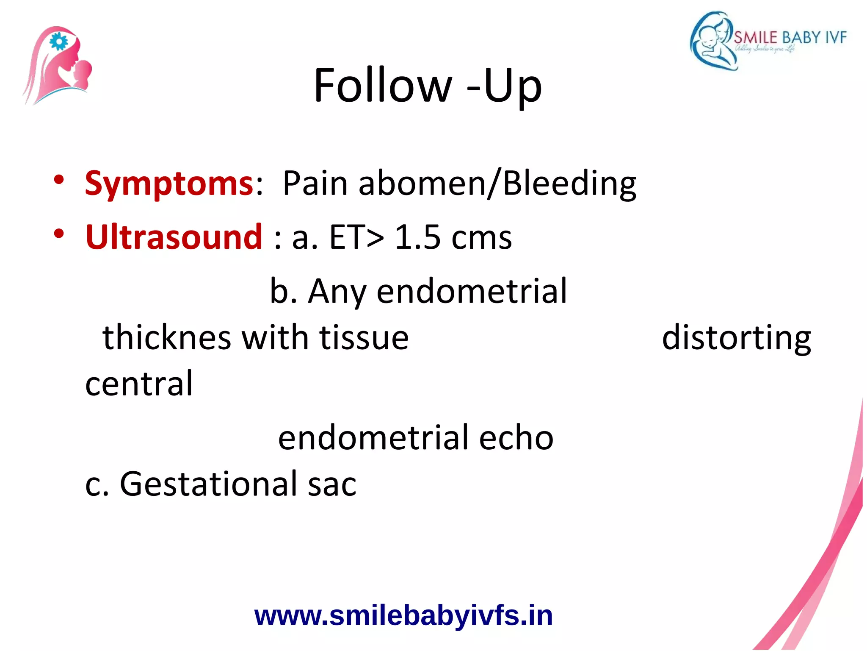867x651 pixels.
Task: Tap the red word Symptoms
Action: (x=169, y=183)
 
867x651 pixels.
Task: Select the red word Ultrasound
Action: (x=174, y=237)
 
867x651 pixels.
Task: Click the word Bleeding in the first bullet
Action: (x=570, y=183)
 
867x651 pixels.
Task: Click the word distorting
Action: (x=736, y=338)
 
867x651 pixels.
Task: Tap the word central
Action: (x=139, y=383)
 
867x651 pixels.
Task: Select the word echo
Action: (x=516, y=437)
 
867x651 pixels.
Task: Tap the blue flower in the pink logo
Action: (x=58, y=42)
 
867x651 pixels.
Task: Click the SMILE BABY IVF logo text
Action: (x=790, y=38)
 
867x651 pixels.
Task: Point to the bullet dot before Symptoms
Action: (x=59, y=180)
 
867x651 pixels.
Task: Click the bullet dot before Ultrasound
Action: (x=59, y=234)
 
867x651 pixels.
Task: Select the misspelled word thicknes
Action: (x=166, y=338)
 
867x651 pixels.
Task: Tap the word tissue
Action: (x=364, y=338)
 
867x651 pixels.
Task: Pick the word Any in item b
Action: (x=337, y=292)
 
